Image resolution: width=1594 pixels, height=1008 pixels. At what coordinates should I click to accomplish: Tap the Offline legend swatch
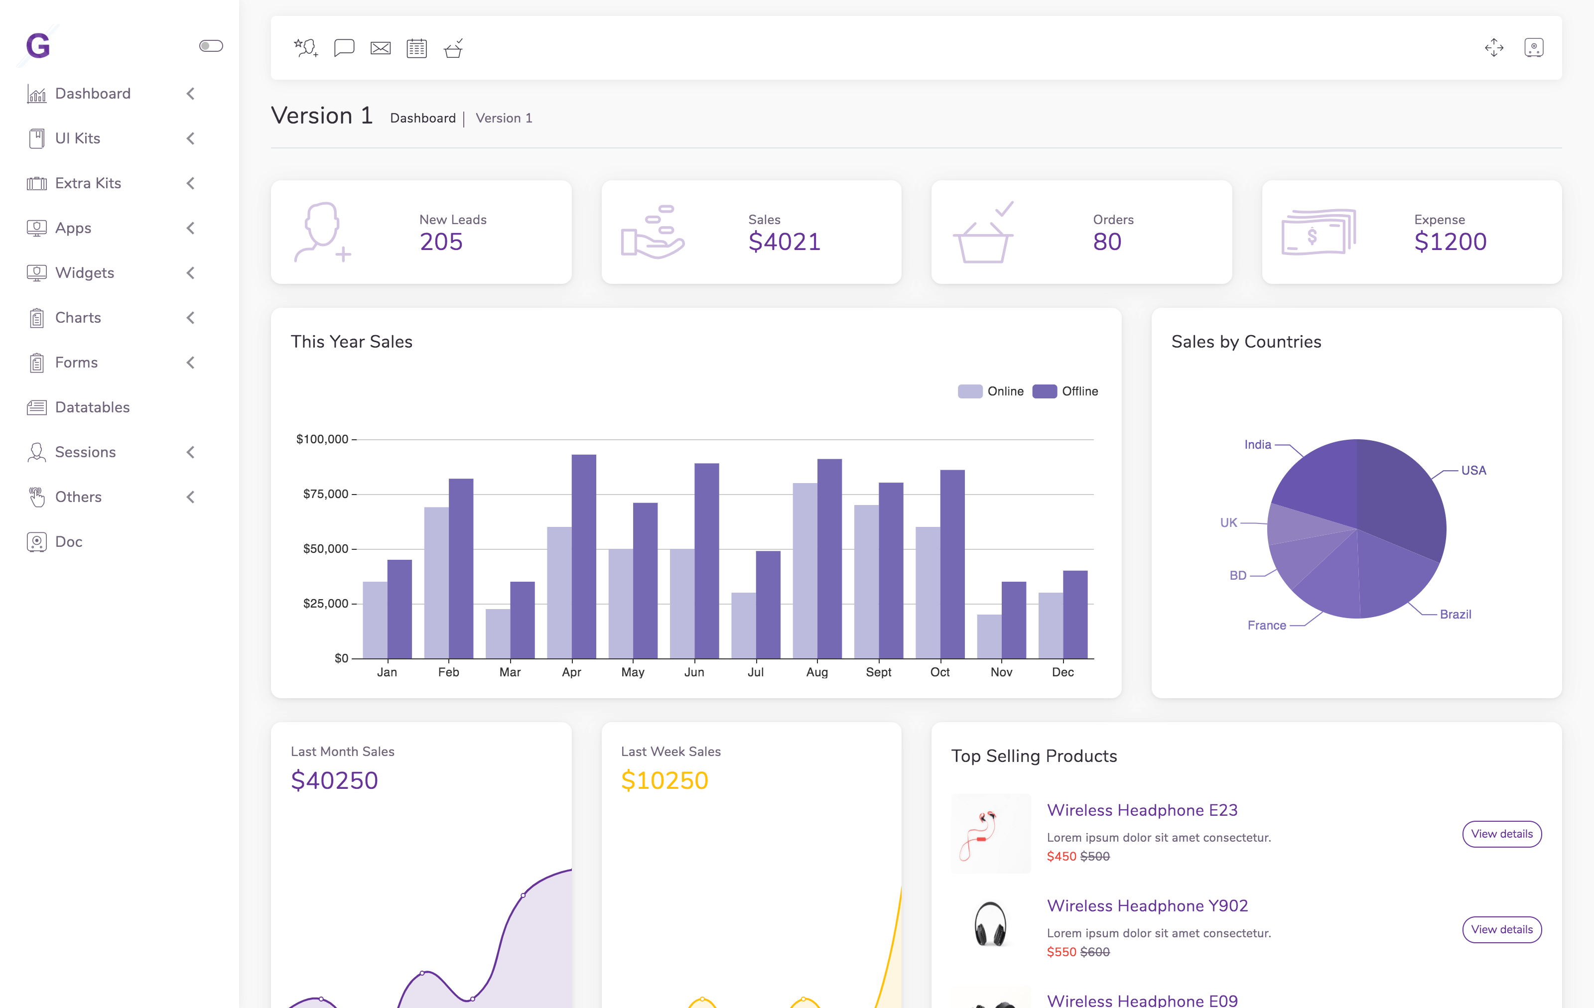[1044, 391]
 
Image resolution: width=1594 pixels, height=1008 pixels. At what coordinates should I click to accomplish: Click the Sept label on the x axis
[878, 672]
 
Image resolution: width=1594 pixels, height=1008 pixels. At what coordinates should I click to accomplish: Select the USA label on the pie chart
[1473, 471]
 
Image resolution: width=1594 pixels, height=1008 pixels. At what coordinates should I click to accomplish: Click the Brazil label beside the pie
[1455, 614]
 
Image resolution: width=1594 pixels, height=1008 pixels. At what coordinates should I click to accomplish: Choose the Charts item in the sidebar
[78, 318]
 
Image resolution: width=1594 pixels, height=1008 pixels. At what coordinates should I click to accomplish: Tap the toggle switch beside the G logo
[211, 46]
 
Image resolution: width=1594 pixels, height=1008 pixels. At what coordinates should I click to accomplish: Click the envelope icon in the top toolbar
[380, 48]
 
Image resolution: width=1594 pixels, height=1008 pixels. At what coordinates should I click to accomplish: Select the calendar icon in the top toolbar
[416, 48]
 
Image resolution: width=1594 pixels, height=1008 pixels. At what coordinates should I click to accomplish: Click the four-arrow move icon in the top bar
[1493, 48]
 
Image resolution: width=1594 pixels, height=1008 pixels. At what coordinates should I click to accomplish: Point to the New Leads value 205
[441, 242]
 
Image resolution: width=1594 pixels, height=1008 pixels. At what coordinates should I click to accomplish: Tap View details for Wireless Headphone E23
[1501, 834]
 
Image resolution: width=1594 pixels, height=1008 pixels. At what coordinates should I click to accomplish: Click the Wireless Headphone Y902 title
[1147, 905]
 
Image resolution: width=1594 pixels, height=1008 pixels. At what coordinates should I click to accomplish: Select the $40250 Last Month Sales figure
[334, 781]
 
